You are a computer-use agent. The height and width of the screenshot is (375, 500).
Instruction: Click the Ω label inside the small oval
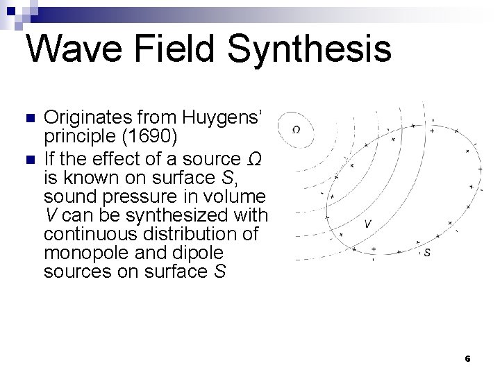point(297,129)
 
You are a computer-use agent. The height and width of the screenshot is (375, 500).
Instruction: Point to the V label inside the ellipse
point(368,224)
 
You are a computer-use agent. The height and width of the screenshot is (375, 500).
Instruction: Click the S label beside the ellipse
point(426,252)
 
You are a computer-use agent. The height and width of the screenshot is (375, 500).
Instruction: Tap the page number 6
point(467,359)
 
